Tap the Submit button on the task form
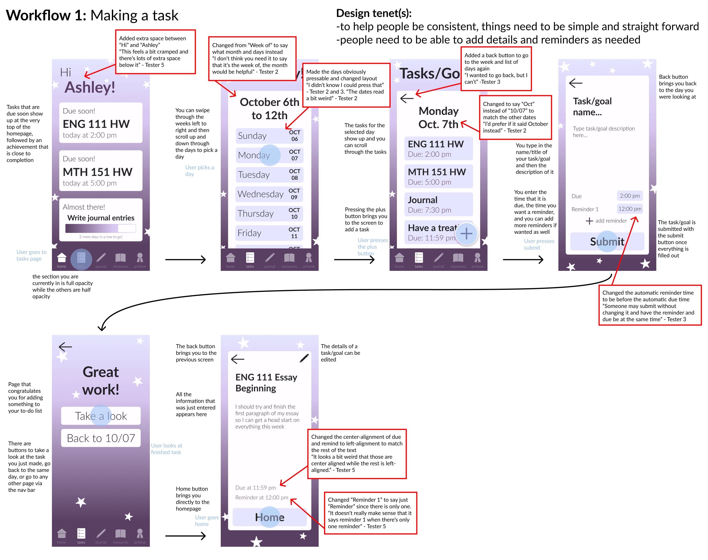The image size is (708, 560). click(x=607, y=242)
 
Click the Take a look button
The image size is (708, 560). click(x=101, y=416)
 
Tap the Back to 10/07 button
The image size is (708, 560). click(x=101, y=438)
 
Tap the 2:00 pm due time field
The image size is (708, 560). click(x=629, y=196)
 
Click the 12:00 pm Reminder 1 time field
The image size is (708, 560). click(x=629, y=209)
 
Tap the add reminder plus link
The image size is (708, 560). click(x=606, y=221)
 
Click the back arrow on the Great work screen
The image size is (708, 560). click(x=65, y=347)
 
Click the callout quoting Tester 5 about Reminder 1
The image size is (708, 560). click(x=370, y=513)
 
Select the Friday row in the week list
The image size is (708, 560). click(x=269, y=233)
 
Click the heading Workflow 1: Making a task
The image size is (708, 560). click(x=92, y=15)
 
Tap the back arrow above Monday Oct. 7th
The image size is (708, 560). click(x=407, y=98)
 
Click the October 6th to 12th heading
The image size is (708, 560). click(x=269, y=108)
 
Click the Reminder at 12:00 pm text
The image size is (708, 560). click(x=261, y=497)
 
